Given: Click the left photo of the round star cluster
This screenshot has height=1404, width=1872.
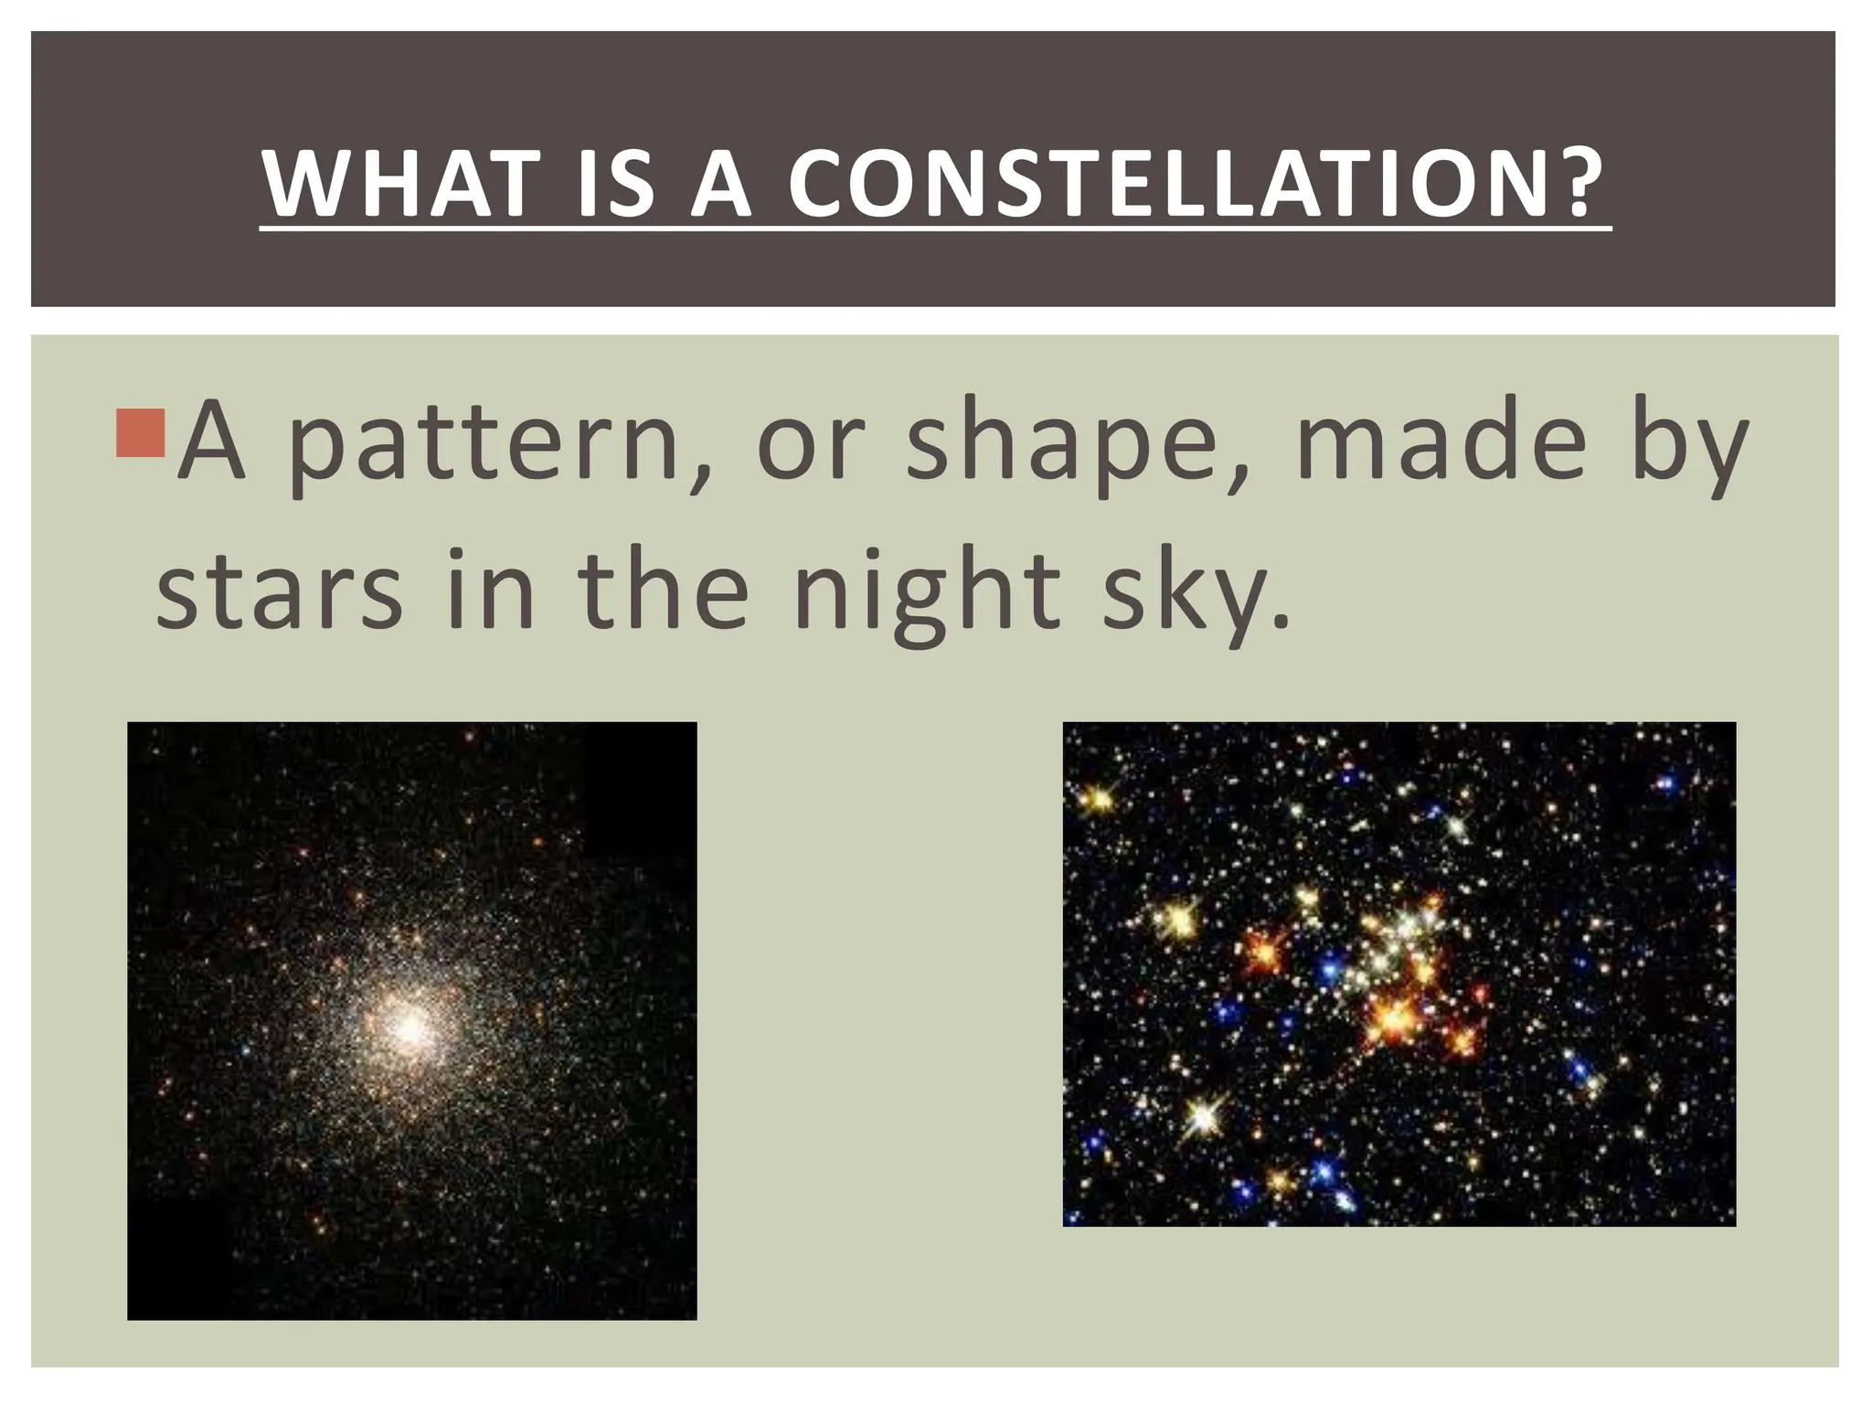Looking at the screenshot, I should coord(411,1020).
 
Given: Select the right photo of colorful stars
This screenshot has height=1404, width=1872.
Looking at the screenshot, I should coord(1399,973).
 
